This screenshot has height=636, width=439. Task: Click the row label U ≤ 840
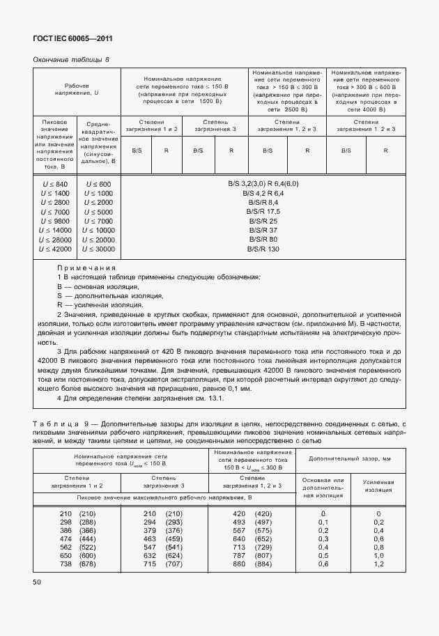pyautogui.click(x=54, y=184)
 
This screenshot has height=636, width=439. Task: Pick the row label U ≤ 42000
pyautogui.click(x=54, y=249)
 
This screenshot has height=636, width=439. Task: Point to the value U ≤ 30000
pyautogui.click(x=98, y=249)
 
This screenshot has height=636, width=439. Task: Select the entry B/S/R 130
pyautogui.click(x=263, y=249)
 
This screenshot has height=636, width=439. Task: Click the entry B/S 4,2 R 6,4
pyautogui.click(x=263, y=193)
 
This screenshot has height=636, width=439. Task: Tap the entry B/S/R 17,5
pyautogui.click(x=263, y=211)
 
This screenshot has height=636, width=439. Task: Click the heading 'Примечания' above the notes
pyautogui.click(x=86, y=267)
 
